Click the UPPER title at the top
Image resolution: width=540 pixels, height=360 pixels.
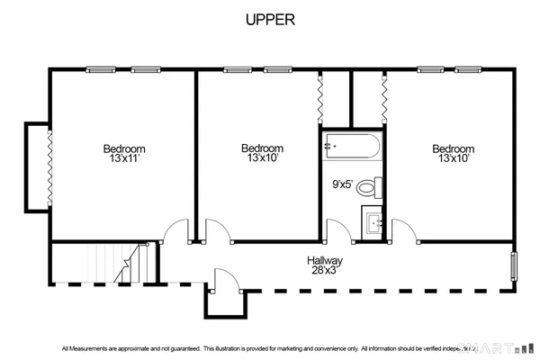tap(270, 19)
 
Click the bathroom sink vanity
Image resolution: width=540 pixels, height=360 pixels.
tap(374, 221)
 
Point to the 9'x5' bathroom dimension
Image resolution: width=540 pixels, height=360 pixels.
tap(342, 184)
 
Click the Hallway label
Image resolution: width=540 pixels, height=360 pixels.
tap(326, 260)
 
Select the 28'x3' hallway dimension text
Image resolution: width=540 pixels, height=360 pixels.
tap(326, 270)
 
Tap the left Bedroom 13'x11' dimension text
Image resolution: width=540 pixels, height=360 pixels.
tap(123, 158)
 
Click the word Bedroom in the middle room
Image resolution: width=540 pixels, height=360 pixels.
tap(262, 148)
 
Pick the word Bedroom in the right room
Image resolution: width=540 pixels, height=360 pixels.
tap(453, 148)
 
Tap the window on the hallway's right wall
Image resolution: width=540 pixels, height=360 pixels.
tap(515, 267)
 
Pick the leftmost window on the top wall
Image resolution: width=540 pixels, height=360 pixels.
tap(102, 69)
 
